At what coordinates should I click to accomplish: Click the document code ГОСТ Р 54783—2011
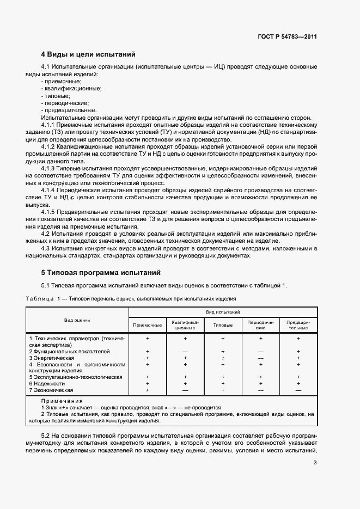[287, 37]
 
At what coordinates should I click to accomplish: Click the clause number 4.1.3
[50, 169]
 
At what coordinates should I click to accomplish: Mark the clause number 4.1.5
[50, 211]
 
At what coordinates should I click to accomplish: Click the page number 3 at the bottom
[315, 463]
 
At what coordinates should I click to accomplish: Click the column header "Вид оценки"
[77, 321]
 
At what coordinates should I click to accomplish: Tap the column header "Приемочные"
[148, 325]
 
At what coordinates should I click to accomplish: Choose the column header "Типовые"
[223, 325]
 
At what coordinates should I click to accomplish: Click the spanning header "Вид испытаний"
[223, 312]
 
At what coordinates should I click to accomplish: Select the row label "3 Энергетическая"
[51, 358]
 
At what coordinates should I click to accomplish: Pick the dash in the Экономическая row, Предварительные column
[298, 390]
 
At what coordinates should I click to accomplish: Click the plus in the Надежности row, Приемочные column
[148, 384]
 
